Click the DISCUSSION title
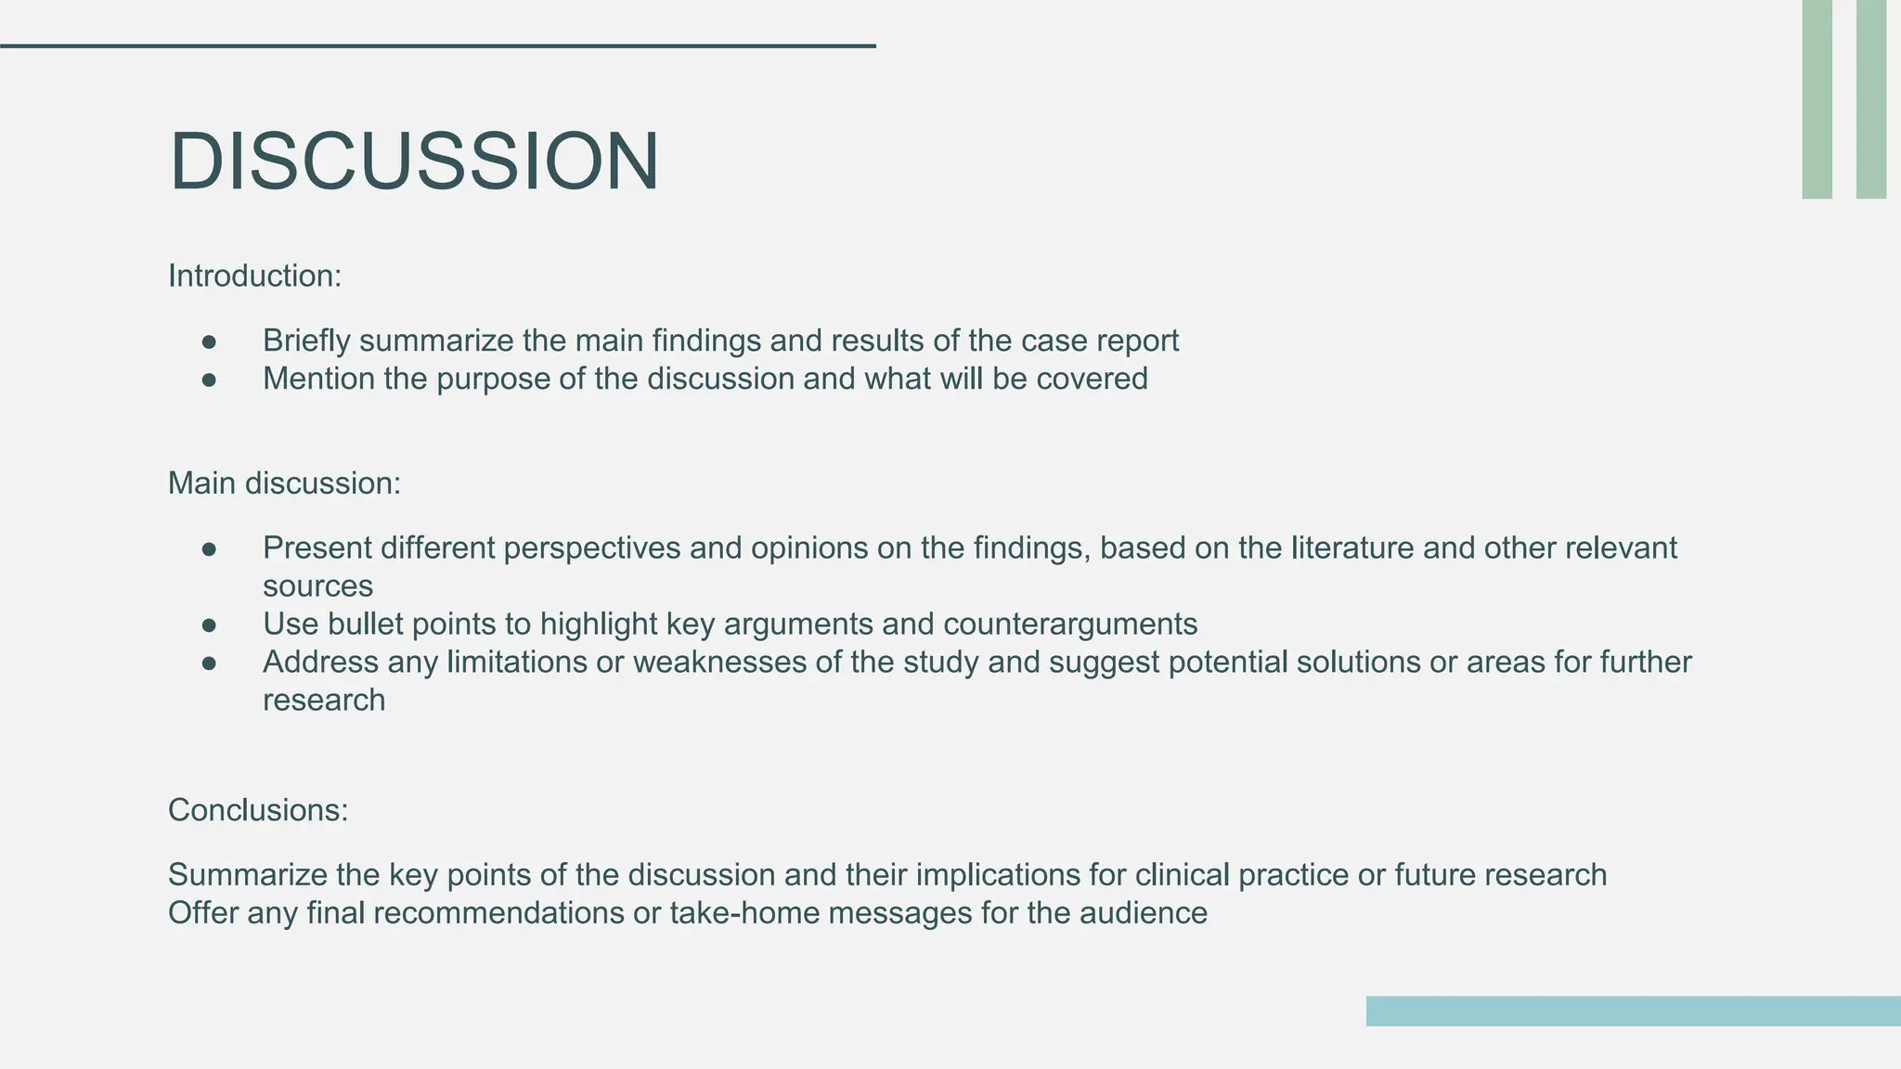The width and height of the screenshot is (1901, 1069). pyautogui.click(x=414, y=161)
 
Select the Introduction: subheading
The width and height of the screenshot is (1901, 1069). pyautogui.click(x=255, y=276)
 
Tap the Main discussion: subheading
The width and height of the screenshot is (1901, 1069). pyautogui.click(x=284, y=483)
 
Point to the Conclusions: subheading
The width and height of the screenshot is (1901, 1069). pyautogui.click(x=258, y=810)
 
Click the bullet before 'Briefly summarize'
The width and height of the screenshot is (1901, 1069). pyautogui.click(x=209, y=341)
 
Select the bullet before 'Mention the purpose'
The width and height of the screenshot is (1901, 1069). pyautogui.click(x=209, y=380)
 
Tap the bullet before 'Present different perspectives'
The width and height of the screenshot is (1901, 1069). pyautogui.click(x=209, y=549)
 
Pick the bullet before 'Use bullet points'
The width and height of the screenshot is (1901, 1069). pyautogui.click(x=209, y=625)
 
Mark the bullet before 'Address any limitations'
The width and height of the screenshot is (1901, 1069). pyautogui.click(x=209, y=663)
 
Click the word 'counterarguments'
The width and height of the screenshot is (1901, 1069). pyautogui.click(x=1070, y=625)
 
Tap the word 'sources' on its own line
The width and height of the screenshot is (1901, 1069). pyautogui.click(x=317, y=586)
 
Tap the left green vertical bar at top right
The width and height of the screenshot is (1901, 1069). pyautogui.click(x=1817, y=98)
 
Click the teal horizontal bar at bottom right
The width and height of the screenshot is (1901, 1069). pyautogui.click(x=1633, y=1011)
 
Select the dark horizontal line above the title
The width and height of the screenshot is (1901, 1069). pyautogui.click(x=437, y=45)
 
